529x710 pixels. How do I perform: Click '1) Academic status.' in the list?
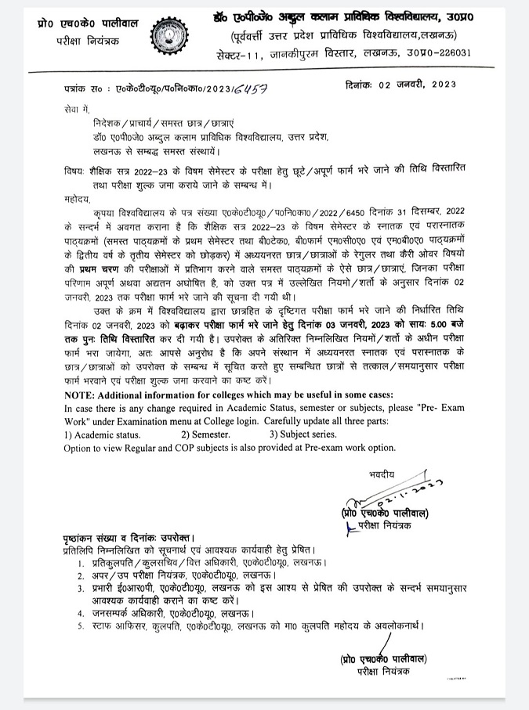point(103,434)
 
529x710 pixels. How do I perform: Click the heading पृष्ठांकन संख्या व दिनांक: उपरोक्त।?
point(126,540)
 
